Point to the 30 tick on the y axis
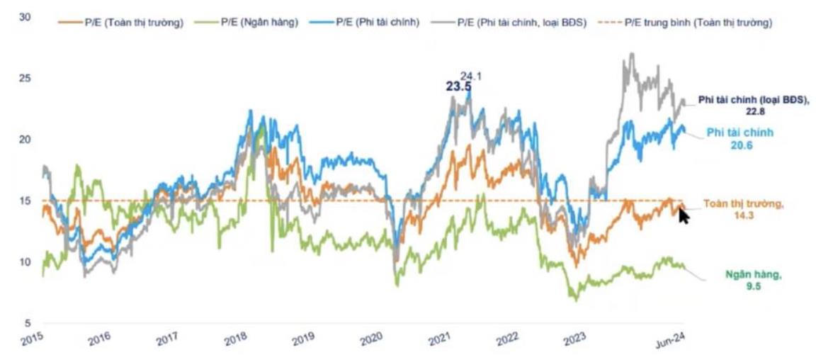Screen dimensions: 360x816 [26, 16]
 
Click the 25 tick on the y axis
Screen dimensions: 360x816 [26, 77]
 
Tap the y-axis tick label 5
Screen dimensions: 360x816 [29, 322]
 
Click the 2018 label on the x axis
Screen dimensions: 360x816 [236, 339]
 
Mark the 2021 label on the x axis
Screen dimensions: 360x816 [440, 339]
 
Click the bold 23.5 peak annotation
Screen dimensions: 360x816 [458, 86]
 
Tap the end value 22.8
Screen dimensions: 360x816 [752, 111]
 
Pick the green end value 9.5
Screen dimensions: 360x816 [753, 286]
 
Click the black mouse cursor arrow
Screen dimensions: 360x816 [684, 214]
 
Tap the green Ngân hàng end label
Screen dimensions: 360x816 [752, 275]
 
